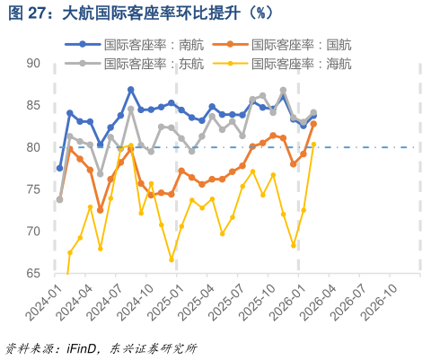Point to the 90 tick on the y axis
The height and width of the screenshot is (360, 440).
(33, 64)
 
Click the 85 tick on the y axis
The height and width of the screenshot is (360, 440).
(33, 106)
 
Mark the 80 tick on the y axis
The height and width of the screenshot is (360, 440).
(33, 147)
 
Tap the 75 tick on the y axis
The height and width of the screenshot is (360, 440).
(33, 189)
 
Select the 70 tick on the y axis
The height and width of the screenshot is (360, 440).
(33, 231)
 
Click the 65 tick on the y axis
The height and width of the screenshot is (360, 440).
(33, 273)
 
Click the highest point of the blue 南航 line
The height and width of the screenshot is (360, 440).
(131, 90)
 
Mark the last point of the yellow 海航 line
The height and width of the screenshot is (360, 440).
(313, 144)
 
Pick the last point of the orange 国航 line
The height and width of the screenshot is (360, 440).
(313, 124)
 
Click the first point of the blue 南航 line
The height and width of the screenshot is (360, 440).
(60, 168)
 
